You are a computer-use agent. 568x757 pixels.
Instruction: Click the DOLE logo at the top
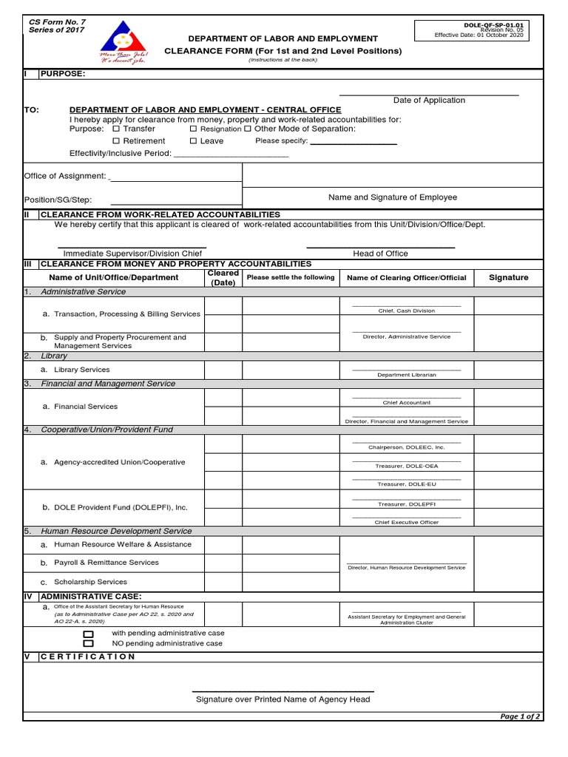coord(124,43)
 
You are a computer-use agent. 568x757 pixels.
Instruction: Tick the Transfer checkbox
coord(115,129)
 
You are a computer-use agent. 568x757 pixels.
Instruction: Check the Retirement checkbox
coord(115,140)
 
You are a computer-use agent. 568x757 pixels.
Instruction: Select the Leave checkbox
coord(193,140)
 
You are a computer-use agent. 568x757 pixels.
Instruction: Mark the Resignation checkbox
coord(193,129)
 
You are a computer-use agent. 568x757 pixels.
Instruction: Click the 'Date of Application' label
coord(429,101)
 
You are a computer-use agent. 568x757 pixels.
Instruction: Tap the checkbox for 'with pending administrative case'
coord(89,634)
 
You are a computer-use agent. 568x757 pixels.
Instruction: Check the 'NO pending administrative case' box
coord(89,644)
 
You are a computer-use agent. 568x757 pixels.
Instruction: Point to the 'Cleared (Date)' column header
coord(223,278)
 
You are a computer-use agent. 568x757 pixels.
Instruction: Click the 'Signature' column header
coord(509,278)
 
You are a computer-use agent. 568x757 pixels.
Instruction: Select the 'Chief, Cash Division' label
coord(407,311)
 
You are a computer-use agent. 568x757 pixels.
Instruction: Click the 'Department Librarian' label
coord(407,375)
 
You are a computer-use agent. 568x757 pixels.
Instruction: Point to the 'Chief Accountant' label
coord(407,403)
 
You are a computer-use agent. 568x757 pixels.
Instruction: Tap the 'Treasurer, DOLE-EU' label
coord(407,483)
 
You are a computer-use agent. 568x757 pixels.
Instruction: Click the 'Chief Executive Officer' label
coord(407,523)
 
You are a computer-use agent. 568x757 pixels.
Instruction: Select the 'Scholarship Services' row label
coord(90,582)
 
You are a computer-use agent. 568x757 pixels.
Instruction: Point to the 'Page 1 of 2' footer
coord(521,716)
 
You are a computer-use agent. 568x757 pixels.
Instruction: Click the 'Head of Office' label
coord(380,254)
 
